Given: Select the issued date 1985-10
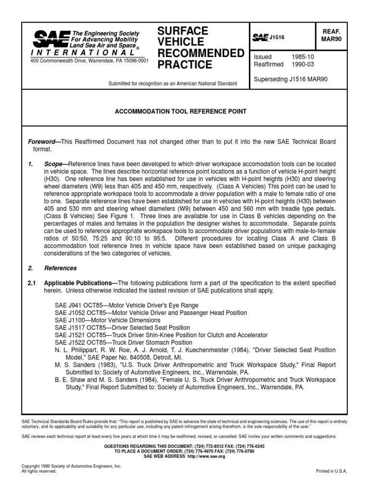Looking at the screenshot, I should [303, 57].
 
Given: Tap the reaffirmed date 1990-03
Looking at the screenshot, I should [303, 64].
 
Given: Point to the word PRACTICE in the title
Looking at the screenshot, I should [184, 64].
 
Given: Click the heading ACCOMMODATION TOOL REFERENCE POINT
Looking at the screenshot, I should [180, 111].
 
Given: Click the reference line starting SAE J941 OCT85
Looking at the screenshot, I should [126, 305].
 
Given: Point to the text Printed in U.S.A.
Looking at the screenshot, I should [331, 471].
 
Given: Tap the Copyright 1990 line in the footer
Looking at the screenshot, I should [72, 466].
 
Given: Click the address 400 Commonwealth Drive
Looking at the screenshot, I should [89, 61].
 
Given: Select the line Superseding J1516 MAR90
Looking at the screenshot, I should [291, 79].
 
